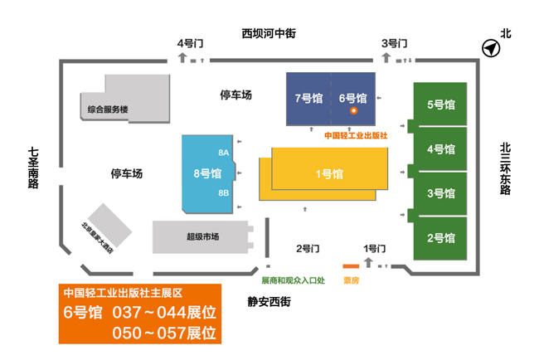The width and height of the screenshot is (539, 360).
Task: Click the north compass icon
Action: [x=491, y=48]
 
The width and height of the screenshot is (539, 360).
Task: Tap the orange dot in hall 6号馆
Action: [x=353, y=110]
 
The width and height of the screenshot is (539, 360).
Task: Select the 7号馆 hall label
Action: [x=308, y=99]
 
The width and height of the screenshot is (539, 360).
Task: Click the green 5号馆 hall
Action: [x=440, y=105]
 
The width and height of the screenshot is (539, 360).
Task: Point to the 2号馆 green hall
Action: [x=440, y=238]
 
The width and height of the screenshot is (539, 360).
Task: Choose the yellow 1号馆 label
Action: [x=329, y=174]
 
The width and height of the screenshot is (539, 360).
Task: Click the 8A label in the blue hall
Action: [x=223, y=153]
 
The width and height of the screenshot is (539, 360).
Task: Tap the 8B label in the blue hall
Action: [x=223, y=193]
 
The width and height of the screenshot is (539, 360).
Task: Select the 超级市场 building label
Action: [x=203, y=236]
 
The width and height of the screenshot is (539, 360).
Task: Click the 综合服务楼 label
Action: [x=108, y=109]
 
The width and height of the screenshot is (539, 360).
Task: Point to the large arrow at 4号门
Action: [x=182, y=57]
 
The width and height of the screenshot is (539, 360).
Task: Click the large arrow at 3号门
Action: [x=386, y=57]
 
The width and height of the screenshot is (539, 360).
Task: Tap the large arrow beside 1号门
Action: [x=368, y=263]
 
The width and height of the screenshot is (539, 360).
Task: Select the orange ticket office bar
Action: [x=351, y=266]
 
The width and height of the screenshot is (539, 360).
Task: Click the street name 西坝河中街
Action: [x=269, y=33]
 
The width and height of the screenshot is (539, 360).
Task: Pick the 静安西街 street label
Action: [x=269, y=302]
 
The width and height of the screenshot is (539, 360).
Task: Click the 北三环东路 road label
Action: [x=505, y=169]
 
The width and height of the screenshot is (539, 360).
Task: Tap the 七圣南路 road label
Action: [x=33, y=168]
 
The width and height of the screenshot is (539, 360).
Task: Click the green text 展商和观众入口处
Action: [x=294, y=280]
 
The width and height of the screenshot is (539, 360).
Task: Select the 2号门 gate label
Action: [x=308, y=248]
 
